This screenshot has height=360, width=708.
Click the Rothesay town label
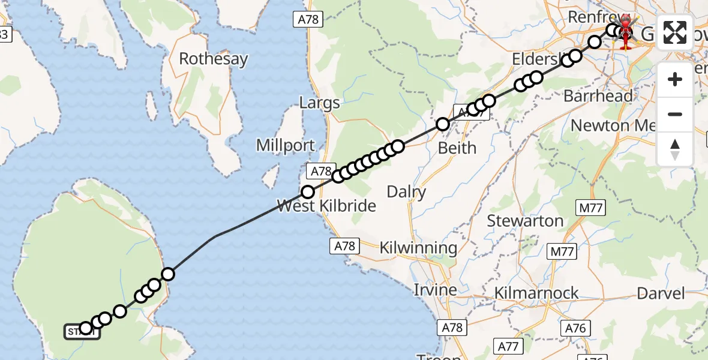(x=214, y=59)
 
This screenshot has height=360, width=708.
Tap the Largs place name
(x=320, y=103)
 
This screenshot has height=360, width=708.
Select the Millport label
(x=285, y=145)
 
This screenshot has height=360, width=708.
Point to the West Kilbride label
(x=326, y=206)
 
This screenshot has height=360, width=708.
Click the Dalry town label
(x=406, y=192)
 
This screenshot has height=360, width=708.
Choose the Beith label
(x=457, y=148)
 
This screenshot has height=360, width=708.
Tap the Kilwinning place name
(x=418, y=247)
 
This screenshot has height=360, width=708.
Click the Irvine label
(x=435, y=290)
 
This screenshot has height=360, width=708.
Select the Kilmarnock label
(x=536, y=293)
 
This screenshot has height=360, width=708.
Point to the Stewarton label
(x=525, y=221)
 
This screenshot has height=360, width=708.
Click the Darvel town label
(x=661, y=293)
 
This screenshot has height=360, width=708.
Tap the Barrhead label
(x=598, y=95)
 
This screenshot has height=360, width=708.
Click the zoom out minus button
(x=675, y=114)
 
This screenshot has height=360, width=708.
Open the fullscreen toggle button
(x=675, y=32)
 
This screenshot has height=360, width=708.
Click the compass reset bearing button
(x=675, y=149)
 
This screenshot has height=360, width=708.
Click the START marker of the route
(x=82, y=331)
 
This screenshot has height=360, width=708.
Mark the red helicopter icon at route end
(x=626, y=31)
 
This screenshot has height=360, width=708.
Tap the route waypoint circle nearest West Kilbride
(x=308, y=192)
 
